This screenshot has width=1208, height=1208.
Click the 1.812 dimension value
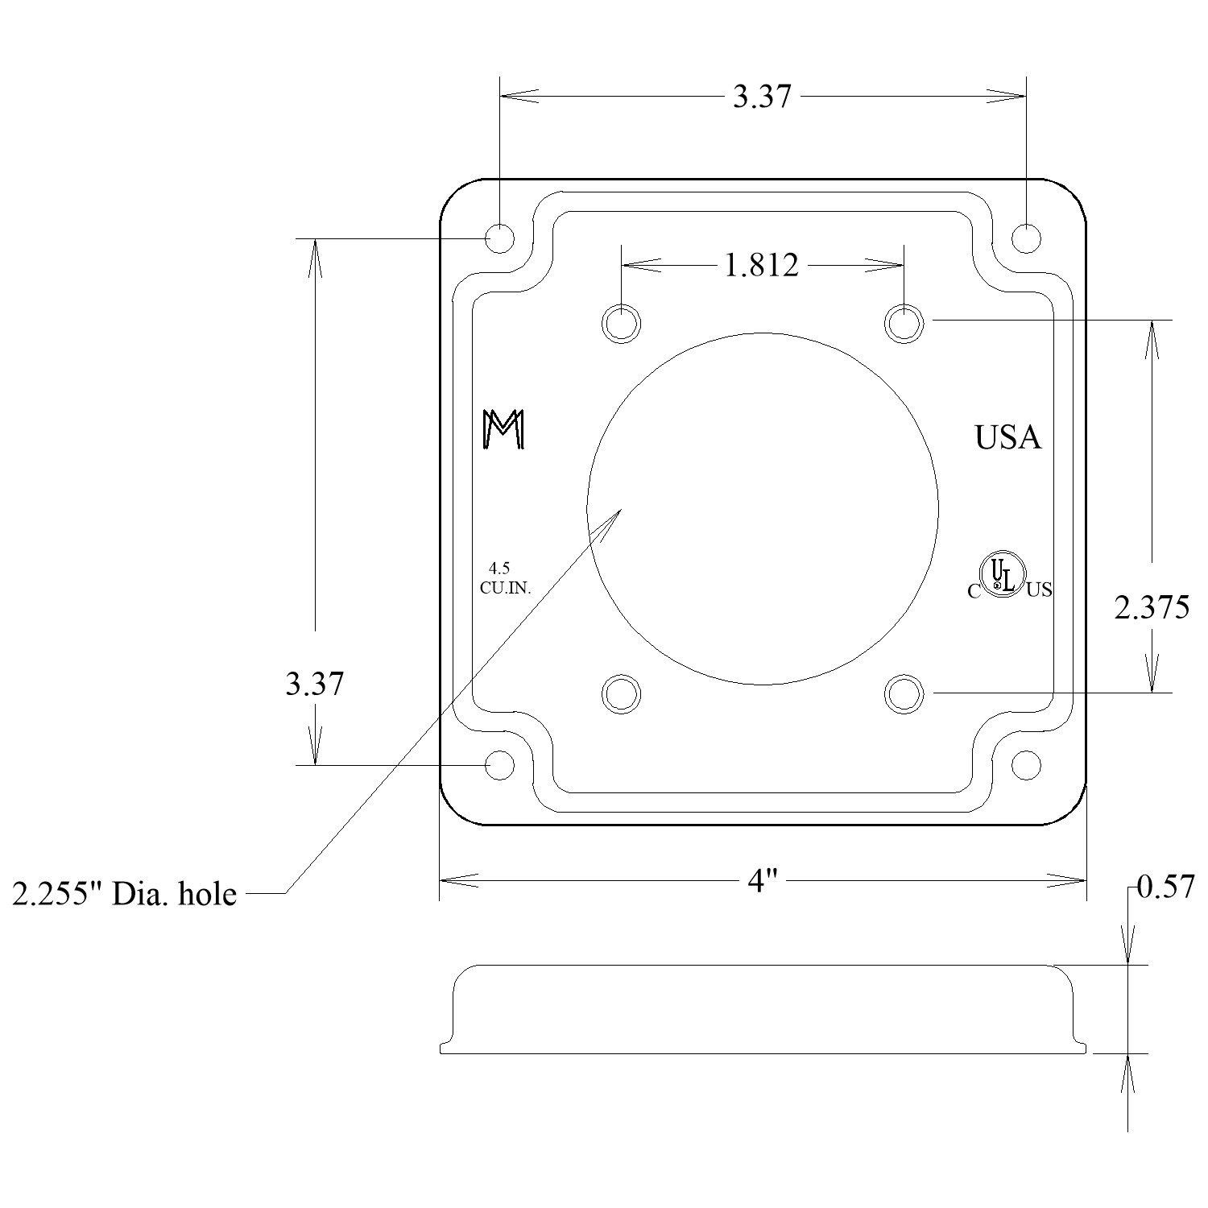click(x=762, y=265)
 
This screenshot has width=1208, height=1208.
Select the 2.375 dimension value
click(x=1152, y=607)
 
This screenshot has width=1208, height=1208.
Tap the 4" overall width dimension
click(x=762, y=882)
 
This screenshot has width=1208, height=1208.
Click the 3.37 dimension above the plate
click(x=762, y=97)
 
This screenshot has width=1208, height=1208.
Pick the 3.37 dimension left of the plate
click(x=314, y=685)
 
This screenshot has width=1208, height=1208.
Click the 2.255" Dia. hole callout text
click(x=125, y=894)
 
